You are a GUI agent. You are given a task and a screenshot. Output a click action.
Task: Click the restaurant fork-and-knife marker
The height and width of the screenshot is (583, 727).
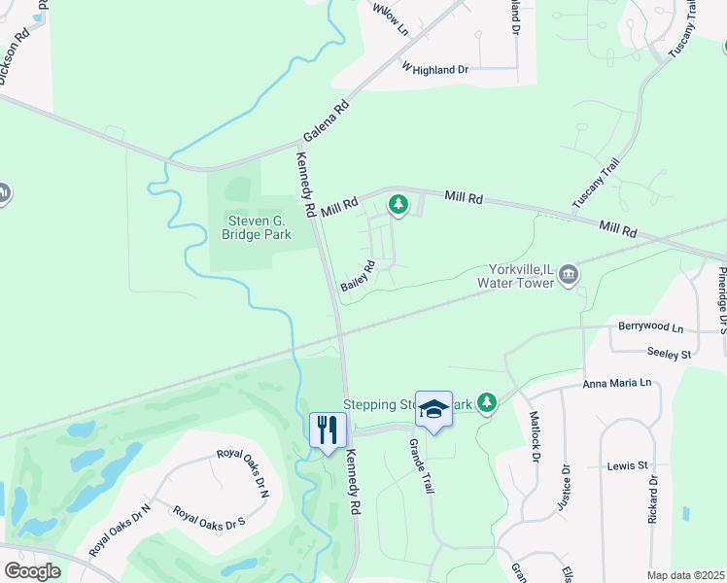coord(327,429)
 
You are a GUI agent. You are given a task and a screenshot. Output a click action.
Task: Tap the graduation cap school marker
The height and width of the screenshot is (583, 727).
coord(433,408)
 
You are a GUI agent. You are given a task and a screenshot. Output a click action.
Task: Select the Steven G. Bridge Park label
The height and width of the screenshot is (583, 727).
coord(257,226)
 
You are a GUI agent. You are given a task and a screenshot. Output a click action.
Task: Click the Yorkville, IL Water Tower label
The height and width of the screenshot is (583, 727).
coord(514,275)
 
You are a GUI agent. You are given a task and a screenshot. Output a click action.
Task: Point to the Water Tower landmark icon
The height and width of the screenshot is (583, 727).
coord(570,275)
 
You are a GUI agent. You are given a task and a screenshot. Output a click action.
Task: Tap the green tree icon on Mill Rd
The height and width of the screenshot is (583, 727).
coord(397,204)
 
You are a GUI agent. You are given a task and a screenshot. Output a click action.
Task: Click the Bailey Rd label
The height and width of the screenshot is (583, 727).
coord(357,276)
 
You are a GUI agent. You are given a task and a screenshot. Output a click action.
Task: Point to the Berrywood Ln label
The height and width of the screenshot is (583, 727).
coord(650,328)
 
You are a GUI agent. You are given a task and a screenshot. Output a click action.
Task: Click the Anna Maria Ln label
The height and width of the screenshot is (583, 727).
coord(616,384)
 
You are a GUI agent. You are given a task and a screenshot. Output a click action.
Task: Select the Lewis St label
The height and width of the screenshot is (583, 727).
coord(629,465)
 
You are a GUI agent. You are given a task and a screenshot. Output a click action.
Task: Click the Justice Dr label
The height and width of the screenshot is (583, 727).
coord(566,483)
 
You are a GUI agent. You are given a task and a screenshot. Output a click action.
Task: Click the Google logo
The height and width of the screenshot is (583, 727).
coord(32,570)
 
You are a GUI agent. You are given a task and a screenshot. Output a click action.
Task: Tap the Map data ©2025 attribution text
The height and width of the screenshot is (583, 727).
coord(685,575)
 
